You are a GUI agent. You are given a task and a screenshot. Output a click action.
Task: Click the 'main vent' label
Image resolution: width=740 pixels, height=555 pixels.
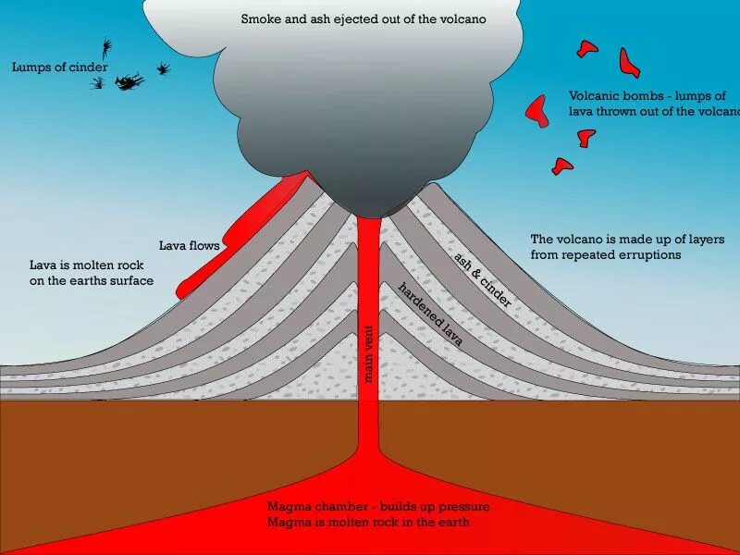coord(369,355)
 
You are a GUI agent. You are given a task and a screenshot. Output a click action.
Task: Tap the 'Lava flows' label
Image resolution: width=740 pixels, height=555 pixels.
coord(189,246)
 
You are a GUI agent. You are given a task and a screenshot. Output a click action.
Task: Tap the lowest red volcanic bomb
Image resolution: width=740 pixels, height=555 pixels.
coord(561,166)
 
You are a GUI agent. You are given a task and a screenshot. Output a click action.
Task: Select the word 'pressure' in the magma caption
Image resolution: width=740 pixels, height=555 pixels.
coord(460,507)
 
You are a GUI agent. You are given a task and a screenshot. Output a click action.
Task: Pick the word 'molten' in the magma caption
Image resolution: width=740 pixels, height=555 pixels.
coord(349,523)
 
